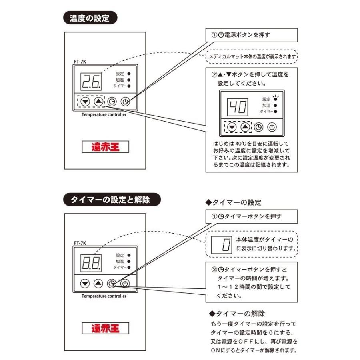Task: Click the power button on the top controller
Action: tap(126, 102)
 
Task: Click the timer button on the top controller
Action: tap(112, 102)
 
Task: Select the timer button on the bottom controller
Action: tap(112, 284)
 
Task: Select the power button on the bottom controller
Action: tap(126, 284)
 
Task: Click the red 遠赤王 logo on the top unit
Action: tap(106, 147)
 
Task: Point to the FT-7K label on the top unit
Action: tap(80, 62)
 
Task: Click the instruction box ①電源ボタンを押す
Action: tap(252, 35)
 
